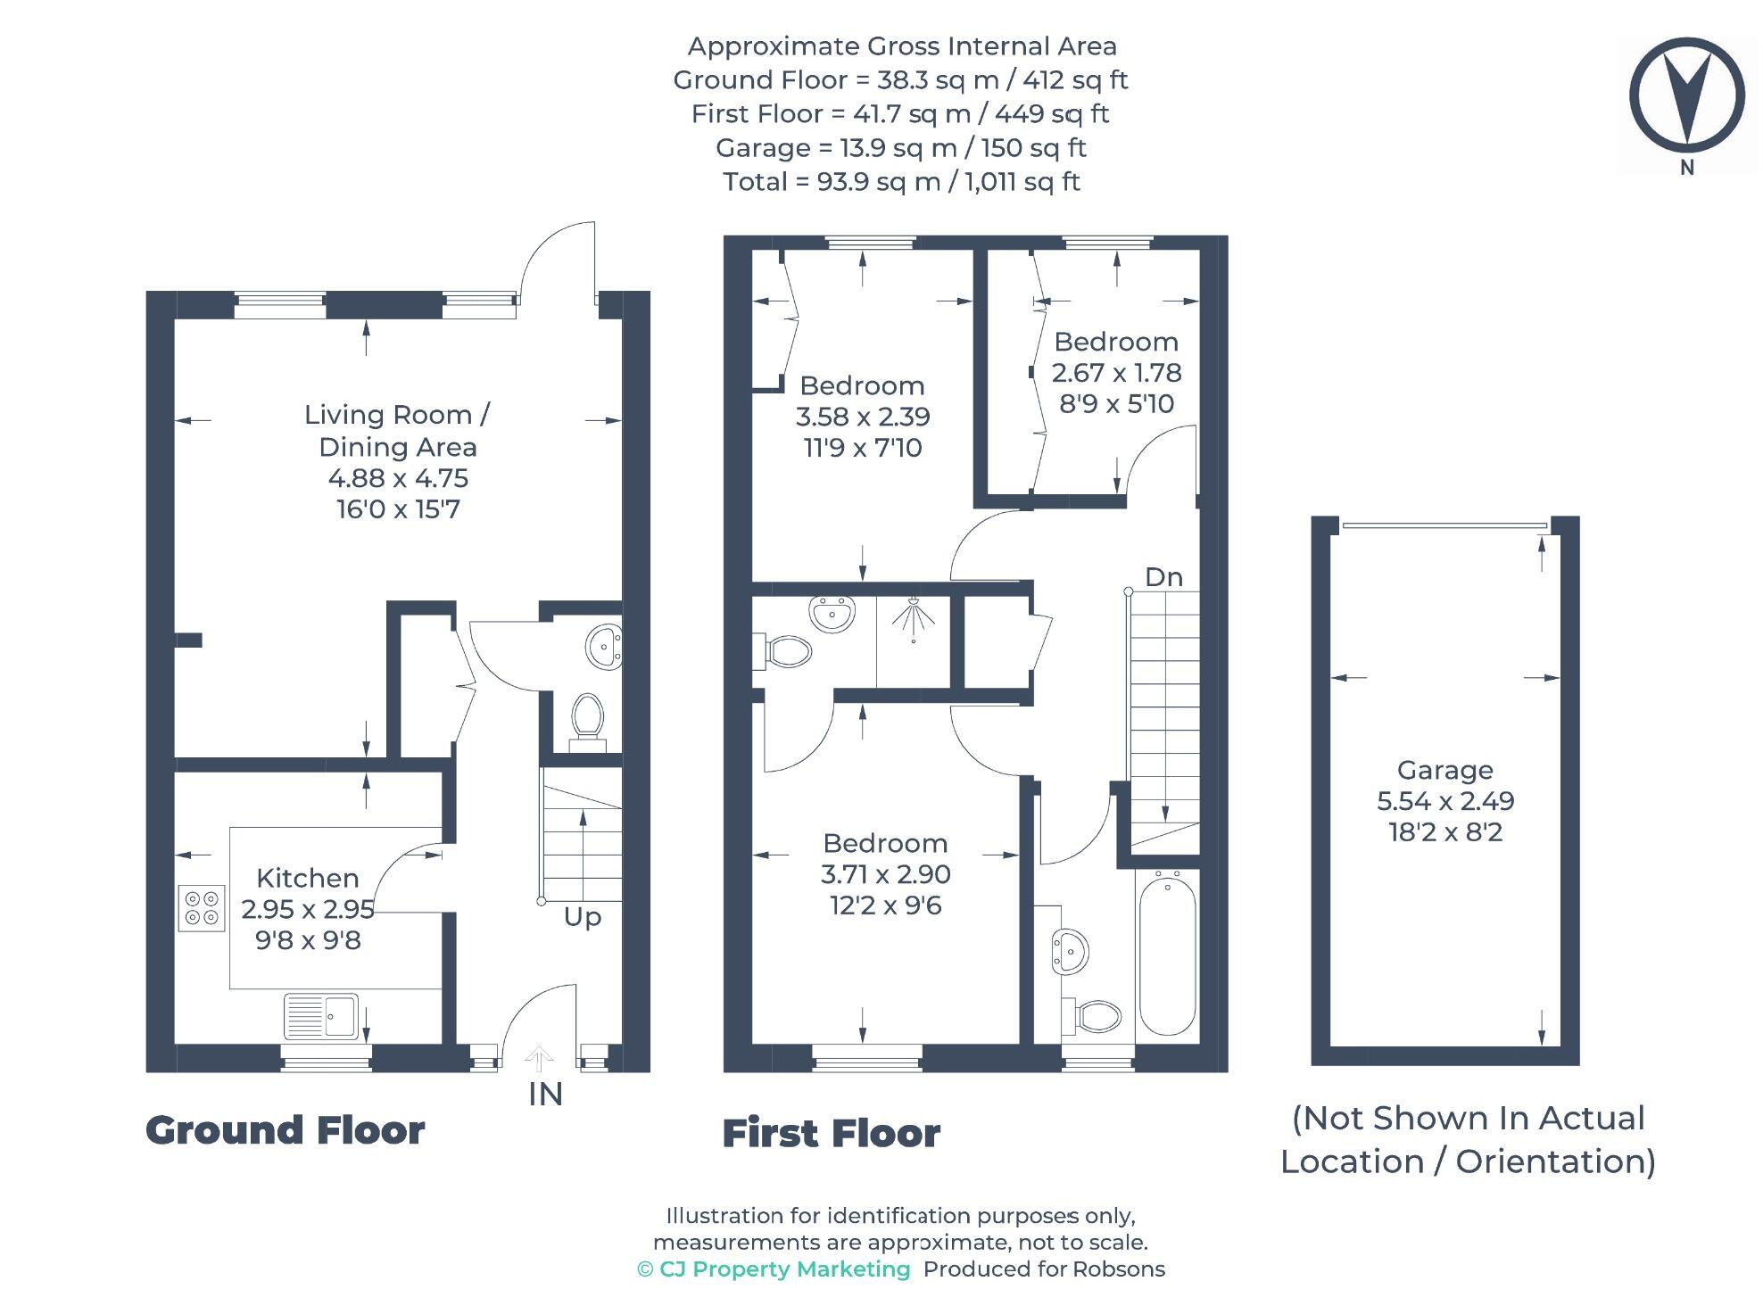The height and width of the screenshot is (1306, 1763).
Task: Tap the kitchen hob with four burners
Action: (202, 907)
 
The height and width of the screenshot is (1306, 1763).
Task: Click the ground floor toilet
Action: (587, 719)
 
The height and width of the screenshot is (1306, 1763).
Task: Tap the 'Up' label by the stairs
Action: (583, 918)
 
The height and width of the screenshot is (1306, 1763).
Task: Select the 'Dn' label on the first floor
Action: (1163, 577)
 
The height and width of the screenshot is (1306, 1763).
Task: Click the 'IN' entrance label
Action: (545, 1095)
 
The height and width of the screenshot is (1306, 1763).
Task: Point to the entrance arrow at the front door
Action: (539, 1059)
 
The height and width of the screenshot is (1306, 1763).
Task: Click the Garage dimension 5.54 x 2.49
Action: (1445, 801)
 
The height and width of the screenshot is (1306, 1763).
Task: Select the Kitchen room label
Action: (308, 878)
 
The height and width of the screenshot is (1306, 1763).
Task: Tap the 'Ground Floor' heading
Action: (286, 1130)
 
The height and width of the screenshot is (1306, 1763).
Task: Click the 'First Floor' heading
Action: (832, 1134)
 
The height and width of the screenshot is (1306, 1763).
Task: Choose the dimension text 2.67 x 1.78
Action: (1116, 373)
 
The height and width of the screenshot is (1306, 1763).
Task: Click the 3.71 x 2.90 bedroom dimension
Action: (886, 874)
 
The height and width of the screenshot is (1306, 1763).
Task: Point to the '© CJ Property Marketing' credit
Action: (774, 1269)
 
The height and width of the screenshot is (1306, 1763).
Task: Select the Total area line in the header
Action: (901, 182)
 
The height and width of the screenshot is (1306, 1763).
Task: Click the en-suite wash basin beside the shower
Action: (832, 615)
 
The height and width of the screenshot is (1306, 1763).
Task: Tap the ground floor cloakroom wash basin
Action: (605, 646)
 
